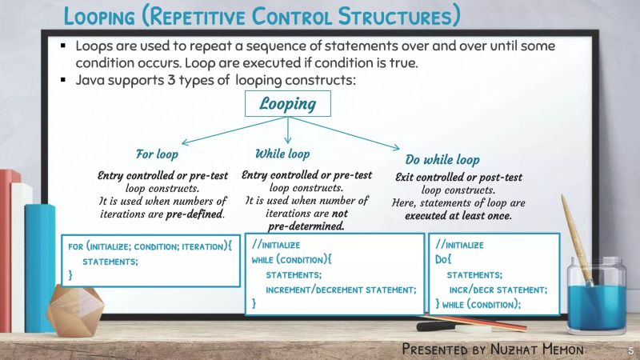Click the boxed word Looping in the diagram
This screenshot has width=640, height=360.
(287, 104)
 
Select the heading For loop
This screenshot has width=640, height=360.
(157, 154)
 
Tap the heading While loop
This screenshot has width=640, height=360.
(282, 153)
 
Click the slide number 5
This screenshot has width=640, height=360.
(630, 351)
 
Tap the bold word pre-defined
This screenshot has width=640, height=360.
(194, 215)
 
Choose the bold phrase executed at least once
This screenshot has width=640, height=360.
(458, 216)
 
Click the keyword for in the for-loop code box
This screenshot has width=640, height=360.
(76, 246)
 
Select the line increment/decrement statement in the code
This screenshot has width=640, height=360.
(341, 289)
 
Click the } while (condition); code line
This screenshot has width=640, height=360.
(478, 304)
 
